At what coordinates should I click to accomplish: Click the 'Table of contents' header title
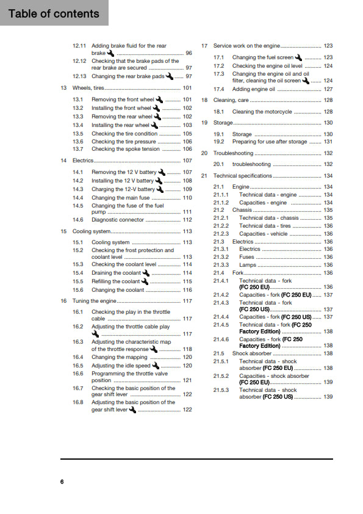(x=54, y=13)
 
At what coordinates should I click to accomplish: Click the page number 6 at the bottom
(x=62, y=482)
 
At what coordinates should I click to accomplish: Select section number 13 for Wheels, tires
(x=63, y=88)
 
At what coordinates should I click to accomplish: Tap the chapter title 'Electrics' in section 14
(x=83, y=161)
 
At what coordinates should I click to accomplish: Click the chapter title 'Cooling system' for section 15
(x=92, y=231)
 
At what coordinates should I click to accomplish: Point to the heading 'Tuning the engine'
(x=94, y=301)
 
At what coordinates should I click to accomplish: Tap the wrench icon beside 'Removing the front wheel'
(x=159, y=100)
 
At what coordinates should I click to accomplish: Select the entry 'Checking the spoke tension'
(x=125, y=149)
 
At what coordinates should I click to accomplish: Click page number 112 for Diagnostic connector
(x=187, y=220)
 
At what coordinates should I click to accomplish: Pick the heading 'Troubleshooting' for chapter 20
(x=233, y=153)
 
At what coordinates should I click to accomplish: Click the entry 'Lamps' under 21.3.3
(x=247, y=265)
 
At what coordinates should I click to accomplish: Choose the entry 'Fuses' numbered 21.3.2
(x=247, y=257)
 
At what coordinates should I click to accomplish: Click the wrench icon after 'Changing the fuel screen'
(x=298, y=57)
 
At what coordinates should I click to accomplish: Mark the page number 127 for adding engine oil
(x=328, y=89)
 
